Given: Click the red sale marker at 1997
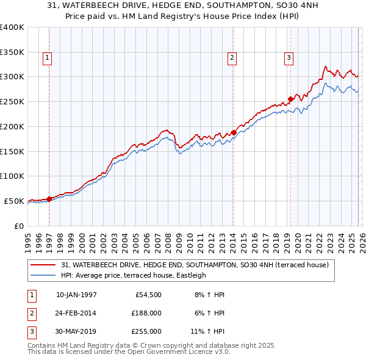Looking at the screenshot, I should (49, 199).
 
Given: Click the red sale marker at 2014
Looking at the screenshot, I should (233, 132).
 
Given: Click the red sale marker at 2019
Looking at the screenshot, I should (290, 99).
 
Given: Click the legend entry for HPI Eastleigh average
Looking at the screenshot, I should (134, 275).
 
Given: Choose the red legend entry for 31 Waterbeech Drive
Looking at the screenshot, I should (195, 265).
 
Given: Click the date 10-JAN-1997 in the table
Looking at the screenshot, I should (76, 295).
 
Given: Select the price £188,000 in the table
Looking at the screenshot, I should (146, 313).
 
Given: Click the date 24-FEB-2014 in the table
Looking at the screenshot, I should (76, 313).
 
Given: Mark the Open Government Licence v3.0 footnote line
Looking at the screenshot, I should (129, 352).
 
